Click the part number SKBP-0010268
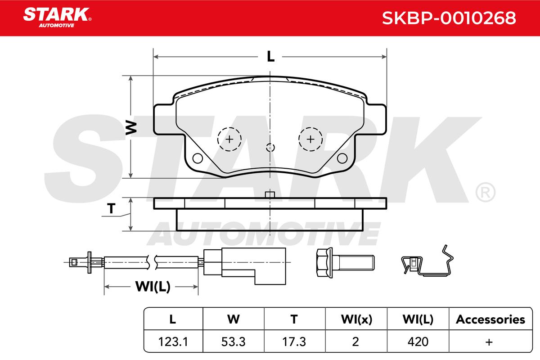coord(449,18)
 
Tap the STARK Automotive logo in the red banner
coord(57,18)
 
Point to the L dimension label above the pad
coord(270,57)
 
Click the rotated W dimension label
coord(131,127)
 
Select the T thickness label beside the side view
coord(111,208)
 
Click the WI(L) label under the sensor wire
coord(153,287)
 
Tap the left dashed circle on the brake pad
coord(229,139)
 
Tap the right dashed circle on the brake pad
coord(310,139)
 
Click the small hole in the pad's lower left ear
coord(198,158)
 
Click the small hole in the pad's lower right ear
coord(342,158)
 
